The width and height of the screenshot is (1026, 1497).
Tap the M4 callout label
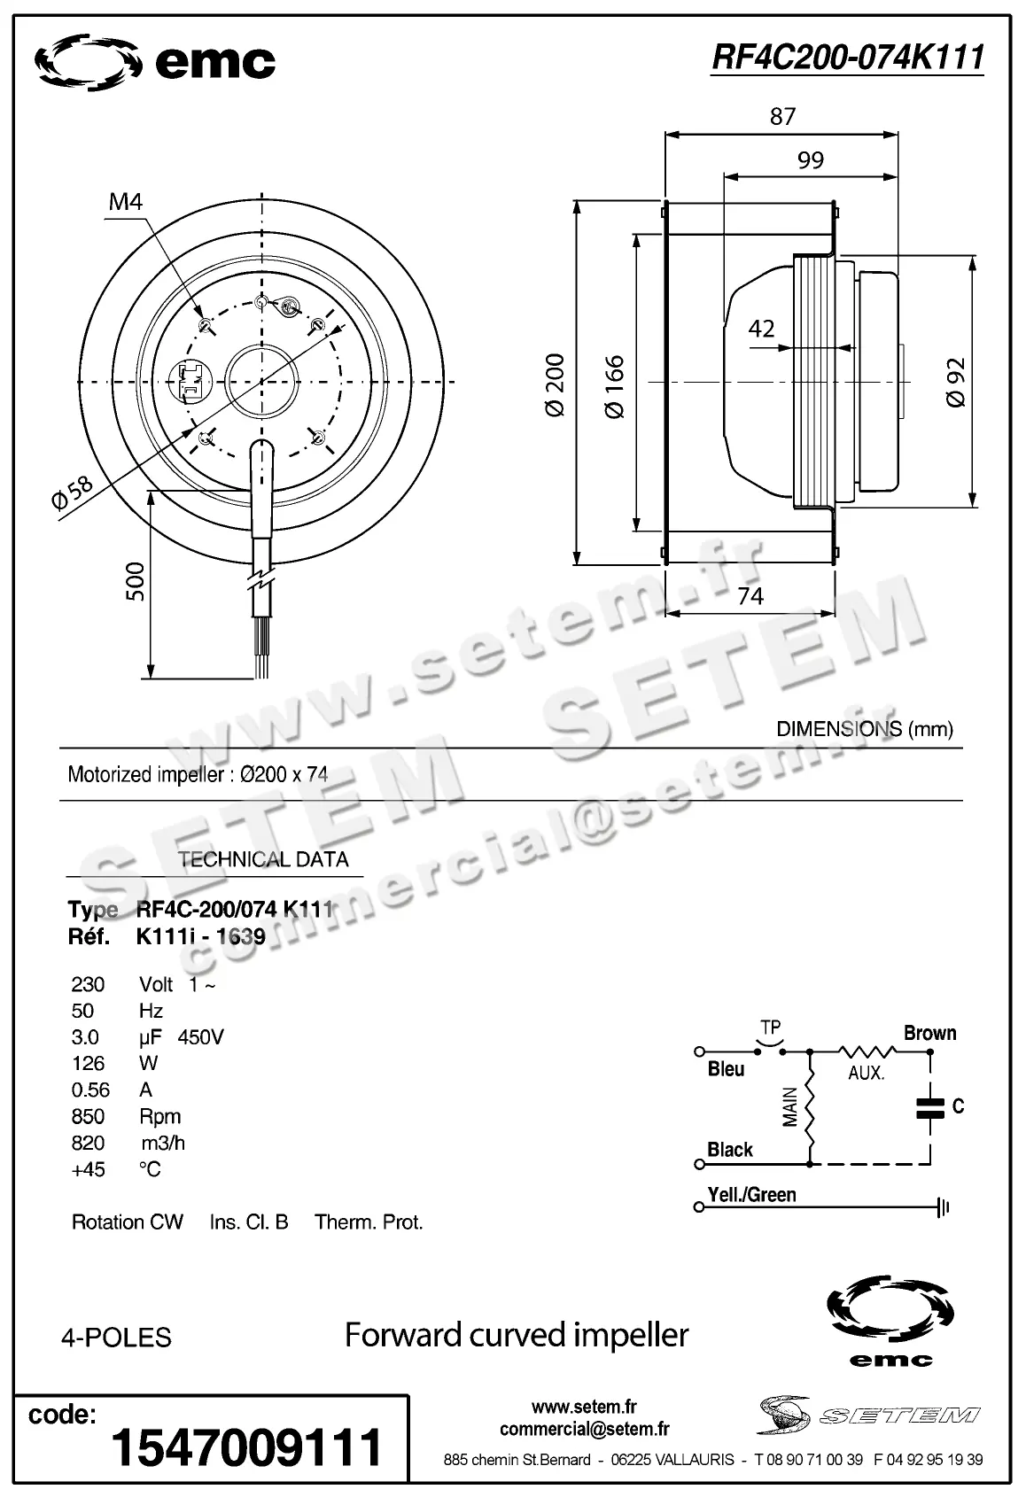click(125, 202)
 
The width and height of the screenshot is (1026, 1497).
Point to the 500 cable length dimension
click(135, 581)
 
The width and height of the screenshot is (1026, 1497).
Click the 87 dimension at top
click(782, 116)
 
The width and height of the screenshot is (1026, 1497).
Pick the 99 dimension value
click(810, 159)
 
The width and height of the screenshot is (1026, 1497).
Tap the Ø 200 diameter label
click(554, 386)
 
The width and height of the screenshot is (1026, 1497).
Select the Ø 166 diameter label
click(614, 386)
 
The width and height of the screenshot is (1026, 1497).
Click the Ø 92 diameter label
click(955, 383)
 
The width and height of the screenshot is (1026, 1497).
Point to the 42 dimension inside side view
click(762, 329)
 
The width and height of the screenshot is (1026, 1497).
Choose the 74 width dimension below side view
click(750, 596)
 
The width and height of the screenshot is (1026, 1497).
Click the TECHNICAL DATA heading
click(263, 859)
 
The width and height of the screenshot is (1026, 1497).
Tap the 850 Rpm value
click(88, 1116)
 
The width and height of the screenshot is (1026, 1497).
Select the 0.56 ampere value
click(90, 1090)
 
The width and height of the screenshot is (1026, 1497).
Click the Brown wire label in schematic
click(929, 1033)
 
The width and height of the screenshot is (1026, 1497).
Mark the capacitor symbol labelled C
click(929, 1106)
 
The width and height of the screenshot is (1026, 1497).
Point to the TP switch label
click(770, 1028)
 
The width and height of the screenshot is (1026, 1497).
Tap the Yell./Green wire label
click(751, 1194)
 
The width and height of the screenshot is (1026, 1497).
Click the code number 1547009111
click(246, 1447)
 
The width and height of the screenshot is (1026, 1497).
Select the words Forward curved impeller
click(516, 1334)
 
